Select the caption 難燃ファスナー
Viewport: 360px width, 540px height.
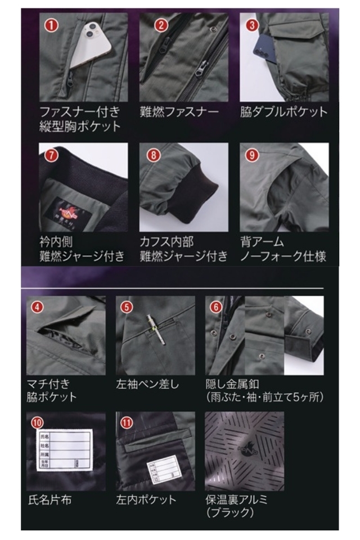coord(178,111)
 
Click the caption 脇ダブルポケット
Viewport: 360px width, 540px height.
coord(283,111)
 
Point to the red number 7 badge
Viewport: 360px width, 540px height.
coord(49,155)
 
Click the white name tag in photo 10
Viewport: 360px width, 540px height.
coord(65,448)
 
